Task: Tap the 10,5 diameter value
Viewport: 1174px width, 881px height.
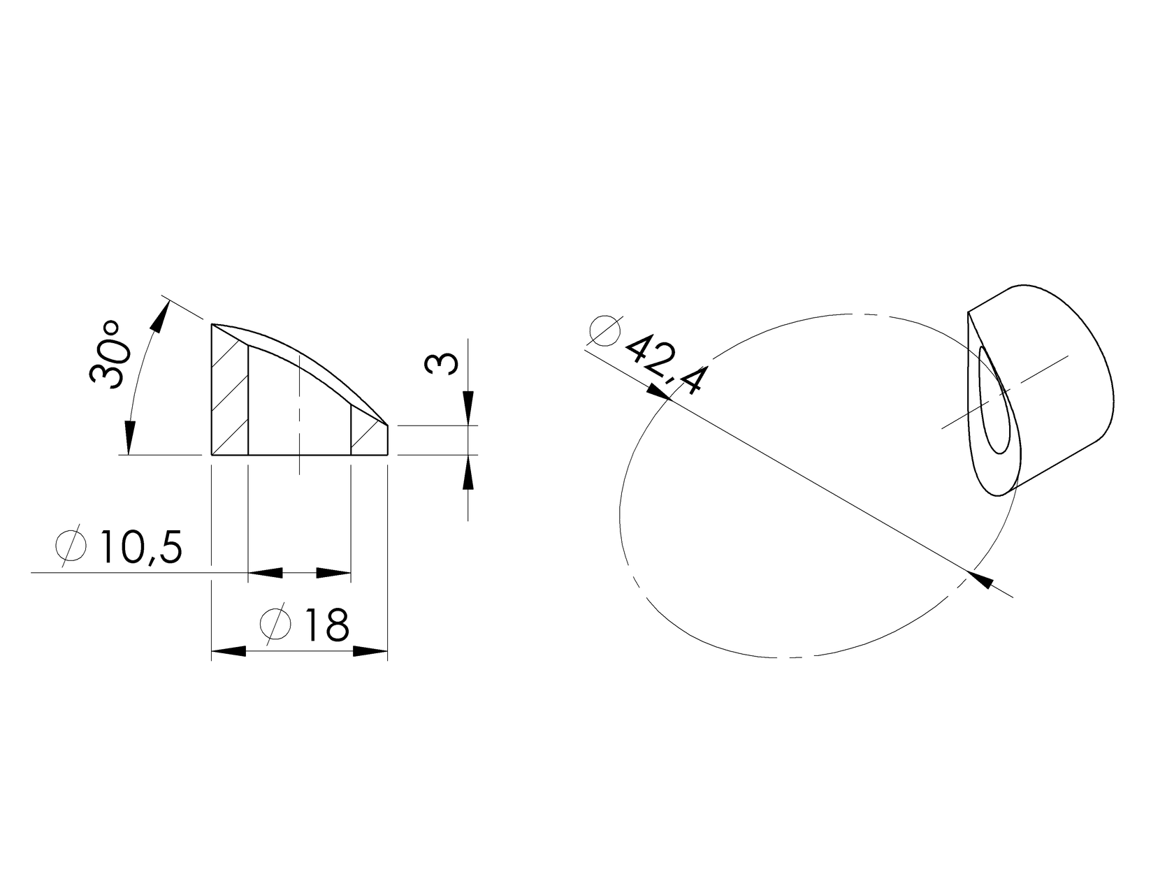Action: point(141,548)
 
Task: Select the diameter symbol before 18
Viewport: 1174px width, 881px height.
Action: point(275,623)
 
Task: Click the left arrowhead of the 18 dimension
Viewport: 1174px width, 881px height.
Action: point(229,651)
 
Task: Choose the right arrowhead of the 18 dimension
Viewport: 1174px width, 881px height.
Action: point(370,651)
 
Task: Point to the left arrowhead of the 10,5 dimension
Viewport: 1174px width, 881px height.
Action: point(266,573)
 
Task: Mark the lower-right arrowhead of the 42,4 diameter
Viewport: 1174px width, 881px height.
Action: point(982,579)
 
